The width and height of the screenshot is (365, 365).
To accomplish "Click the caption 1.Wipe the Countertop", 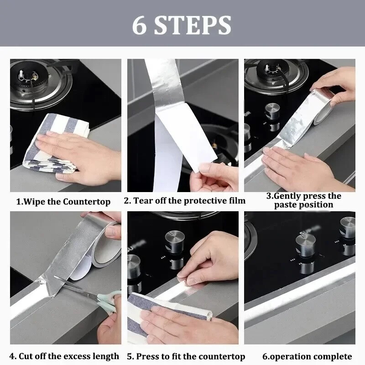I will click(63, 201).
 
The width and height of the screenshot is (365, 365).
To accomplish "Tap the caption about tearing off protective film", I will click(185, 201).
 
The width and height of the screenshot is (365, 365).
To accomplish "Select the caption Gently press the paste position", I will click(304, 200).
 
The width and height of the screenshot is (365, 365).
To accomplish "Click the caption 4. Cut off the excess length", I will click(64, 356).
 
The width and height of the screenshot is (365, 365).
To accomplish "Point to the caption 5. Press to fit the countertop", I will click(186, 356).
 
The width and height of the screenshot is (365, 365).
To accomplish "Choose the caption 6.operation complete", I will click(307, 356).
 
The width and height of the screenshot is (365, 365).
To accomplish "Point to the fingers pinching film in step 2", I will click(210, 176).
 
